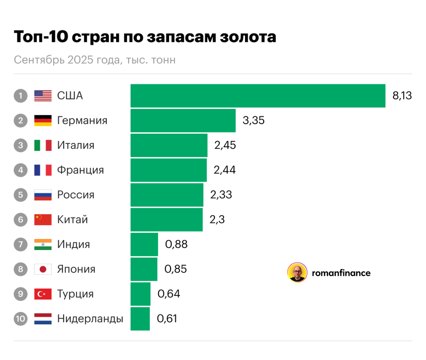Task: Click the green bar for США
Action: (258, 96)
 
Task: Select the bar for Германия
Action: (183, 120)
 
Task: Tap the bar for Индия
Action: (144, 245)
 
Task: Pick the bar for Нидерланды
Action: (140, 319)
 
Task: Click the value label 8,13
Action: (402, 96)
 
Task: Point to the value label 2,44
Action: (224, 170)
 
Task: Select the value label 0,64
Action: (169, 294)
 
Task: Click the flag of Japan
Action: (43, 269)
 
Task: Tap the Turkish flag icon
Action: (43, 294)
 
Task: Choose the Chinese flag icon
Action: (43, 220)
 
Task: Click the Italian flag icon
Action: (43, 145)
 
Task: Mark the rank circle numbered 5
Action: (21, 195)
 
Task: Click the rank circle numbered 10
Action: (21, 319)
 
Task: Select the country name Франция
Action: (81, 170)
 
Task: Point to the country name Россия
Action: (76, 195)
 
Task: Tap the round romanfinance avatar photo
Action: (297, 273)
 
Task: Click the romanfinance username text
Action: (341, 273)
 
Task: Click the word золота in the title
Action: (247, 37)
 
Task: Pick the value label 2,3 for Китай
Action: (217, 220)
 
